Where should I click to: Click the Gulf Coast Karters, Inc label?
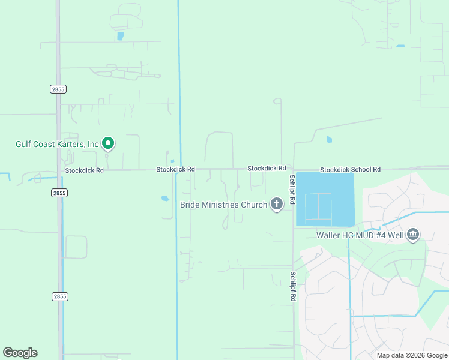click(57, 144)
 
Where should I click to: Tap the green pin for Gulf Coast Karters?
click(108, 143)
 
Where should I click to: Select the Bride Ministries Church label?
click(223, 205)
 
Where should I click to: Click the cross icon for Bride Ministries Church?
click(276, 205)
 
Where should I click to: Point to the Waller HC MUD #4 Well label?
click(361, 235)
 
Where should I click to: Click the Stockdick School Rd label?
click(350, 170)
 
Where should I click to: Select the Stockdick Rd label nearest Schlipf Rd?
click(267, 169)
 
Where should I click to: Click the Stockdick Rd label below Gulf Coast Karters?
click(85, 170)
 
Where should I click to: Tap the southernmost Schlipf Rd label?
click(292, 287)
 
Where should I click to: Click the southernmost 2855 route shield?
click(59, 296)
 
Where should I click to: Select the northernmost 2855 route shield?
click(58, 89)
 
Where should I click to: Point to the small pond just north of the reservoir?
click(329, 140)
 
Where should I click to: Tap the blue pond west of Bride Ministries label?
click(165, 198)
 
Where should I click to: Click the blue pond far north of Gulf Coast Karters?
click(121, 36)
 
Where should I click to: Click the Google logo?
click(20, 353)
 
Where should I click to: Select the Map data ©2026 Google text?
click(412, 355)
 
